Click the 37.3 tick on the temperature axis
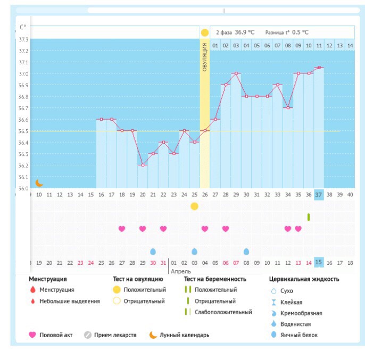[x=24, y=39]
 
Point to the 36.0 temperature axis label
[x=24, y=188]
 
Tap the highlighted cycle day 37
[x=319, y=195]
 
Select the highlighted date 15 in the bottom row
[x=319, y=262]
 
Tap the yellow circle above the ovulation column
[x=205, y=32]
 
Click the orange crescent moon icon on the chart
[x=39, y=183]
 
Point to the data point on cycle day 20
[x=143, y=165]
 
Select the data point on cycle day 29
[x=236, y=73]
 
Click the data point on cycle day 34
[x=288, y=107]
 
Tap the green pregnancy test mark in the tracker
[x=309, y=217]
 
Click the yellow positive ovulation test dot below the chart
[x=194, y=206]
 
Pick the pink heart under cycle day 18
[x=122, y=229]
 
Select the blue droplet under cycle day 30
[x=246, y=252]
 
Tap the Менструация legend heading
[x=48, y=279]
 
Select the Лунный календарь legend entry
[x=184, y=335]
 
